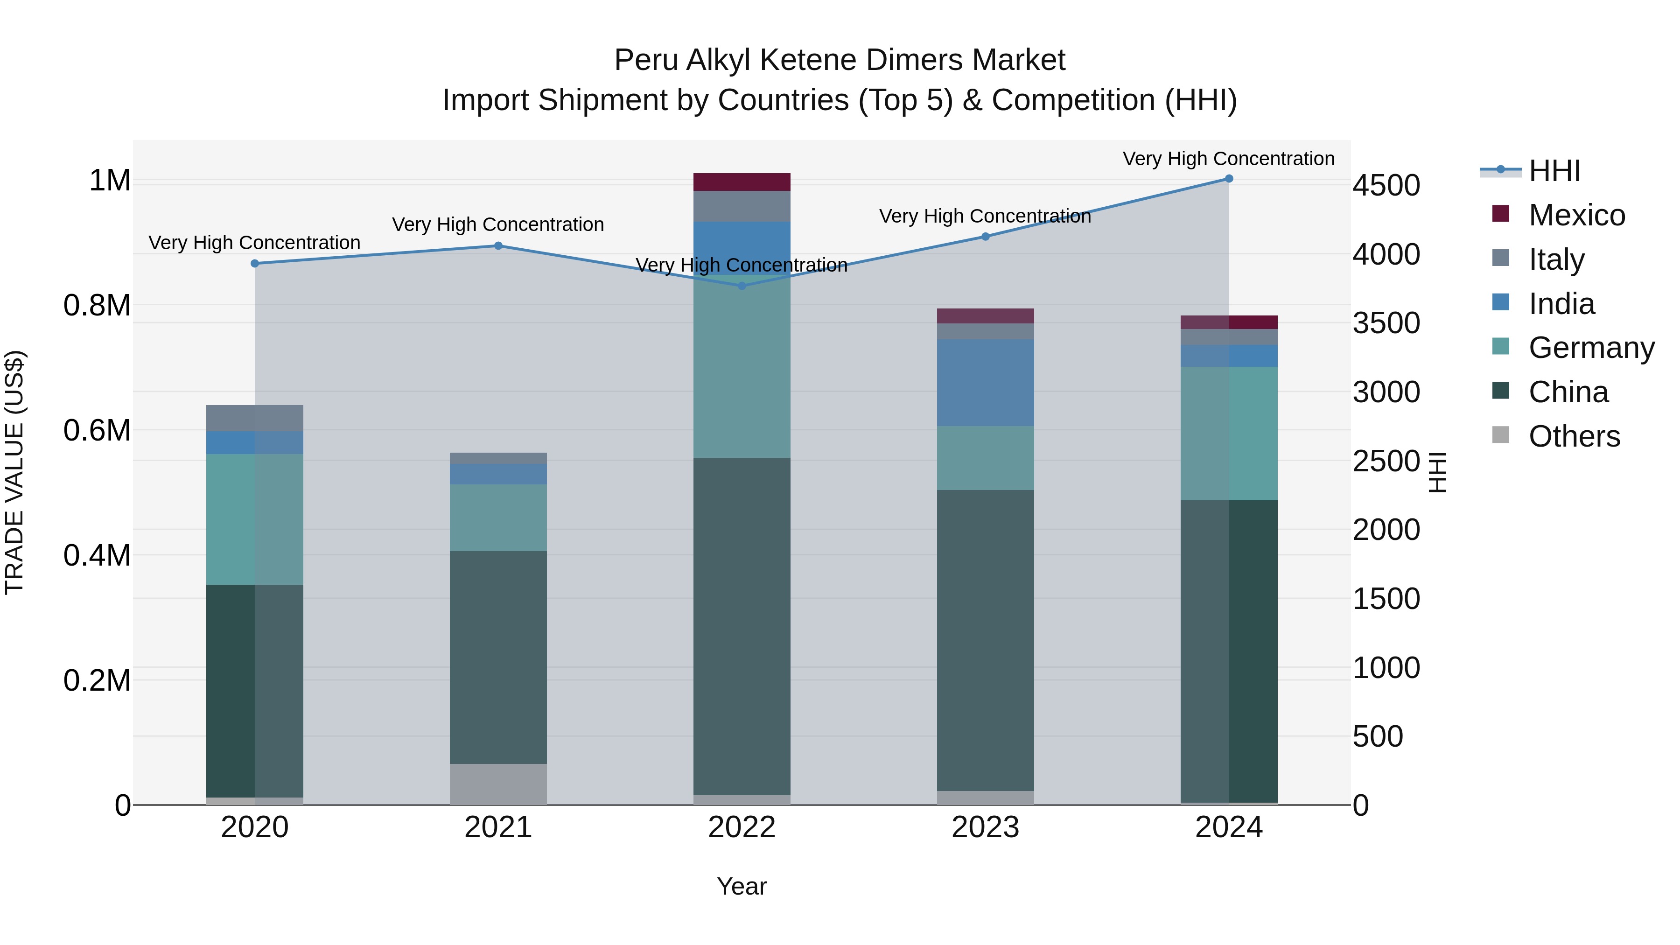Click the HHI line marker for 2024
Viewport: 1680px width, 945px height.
(1229, 179)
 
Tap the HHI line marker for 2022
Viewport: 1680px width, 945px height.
(742, 286)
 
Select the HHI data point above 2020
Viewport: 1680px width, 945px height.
(255, 264)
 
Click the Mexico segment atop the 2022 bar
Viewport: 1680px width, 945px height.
(742, 182)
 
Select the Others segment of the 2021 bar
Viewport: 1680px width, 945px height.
(498, 784)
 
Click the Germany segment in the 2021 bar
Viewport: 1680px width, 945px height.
(498, 518)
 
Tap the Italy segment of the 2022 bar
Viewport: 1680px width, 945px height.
(742, 206)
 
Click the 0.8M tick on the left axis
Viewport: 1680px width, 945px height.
(97, 305)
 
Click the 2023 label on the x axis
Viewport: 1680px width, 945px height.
(985, 827)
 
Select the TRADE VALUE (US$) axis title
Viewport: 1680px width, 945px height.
(14, 472)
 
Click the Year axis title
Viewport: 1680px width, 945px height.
(742, 886)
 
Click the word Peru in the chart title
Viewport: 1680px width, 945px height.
(646, 60)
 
